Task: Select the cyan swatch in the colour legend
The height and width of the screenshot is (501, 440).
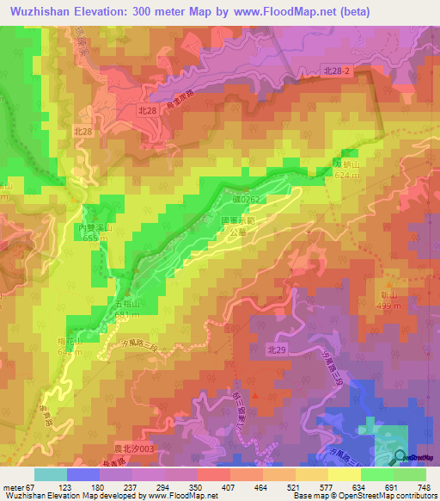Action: point(51,474)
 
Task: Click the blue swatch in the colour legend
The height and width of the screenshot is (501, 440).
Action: point(83,474)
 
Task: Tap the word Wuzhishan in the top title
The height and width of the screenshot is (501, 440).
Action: point(41,10)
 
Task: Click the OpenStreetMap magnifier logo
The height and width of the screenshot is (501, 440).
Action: point(401,457)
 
